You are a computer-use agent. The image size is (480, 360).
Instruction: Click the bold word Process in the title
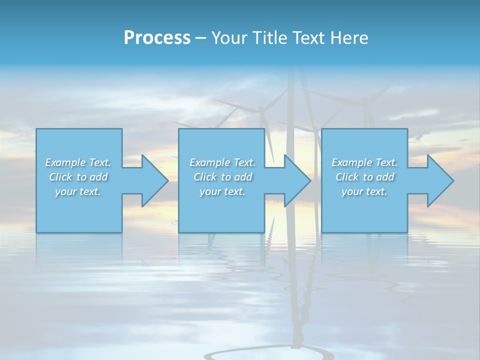(157, 38)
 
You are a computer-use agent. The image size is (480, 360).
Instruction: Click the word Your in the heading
(230, 38)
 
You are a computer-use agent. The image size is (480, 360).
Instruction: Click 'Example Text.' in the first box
(78, 162)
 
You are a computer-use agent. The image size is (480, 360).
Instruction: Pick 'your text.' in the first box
(78, 191)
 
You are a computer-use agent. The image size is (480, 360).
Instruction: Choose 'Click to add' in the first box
(78, 177)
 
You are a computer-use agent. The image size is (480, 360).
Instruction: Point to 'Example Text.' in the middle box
(222, 162)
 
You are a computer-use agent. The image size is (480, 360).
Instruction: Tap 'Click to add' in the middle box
(223, 177)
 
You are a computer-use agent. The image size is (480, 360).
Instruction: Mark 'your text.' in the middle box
(222, 191)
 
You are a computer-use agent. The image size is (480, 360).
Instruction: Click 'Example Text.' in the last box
(364, 162)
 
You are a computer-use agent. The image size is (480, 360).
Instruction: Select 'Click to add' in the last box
(365, 177)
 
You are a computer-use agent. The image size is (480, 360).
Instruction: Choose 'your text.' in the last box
(364, 191)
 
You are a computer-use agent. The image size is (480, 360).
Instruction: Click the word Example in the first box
(65, 162)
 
